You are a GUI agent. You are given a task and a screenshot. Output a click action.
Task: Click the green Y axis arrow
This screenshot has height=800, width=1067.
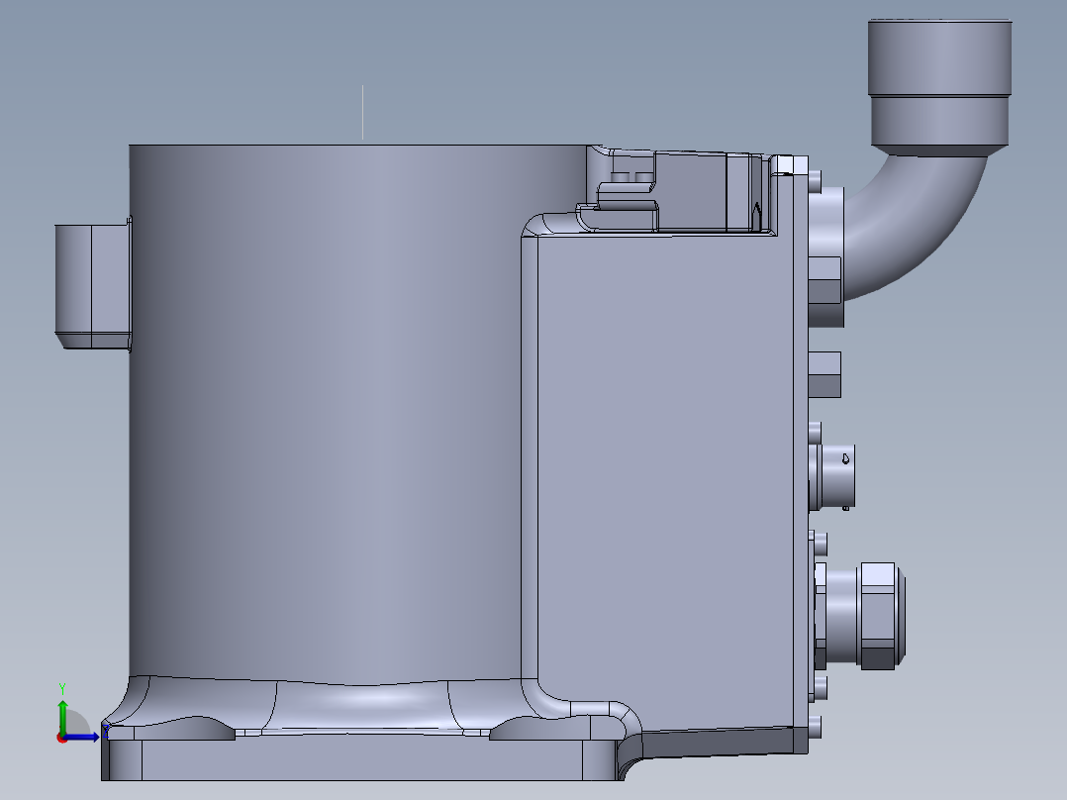click(x=62, y=714)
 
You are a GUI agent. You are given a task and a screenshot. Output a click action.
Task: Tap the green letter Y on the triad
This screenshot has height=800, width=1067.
click(x=62, y=686)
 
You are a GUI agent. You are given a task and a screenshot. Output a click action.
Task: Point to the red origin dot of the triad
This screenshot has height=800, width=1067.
click(x=62, y=737)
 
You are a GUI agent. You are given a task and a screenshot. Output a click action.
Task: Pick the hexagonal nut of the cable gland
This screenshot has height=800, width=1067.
click(x=878, y=615)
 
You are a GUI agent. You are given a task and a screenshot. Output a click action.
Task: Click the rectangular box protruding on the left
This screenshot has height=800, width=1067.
click(x=91, y=285)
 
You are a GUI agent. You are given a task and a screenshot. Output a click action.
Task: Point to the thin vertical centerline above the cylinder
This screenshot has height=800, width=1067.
click(x=362, y=112)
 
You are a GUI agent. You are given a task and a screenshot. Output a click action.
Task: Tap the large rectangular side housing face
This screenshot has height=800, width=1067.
click(x=663, y=475)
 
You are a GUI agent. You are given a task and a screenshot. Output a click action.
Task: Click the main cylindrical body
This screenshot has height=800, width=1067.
click(x=327, y=416)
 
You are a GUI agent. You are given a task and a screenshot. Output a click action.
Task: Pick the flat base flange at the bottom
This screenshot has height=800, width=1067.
click(x=356, y=759)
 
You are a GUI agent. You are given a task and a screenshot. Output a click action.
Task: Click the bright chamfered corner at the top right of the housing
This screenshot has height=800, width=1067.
click(x=783, y=163)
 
